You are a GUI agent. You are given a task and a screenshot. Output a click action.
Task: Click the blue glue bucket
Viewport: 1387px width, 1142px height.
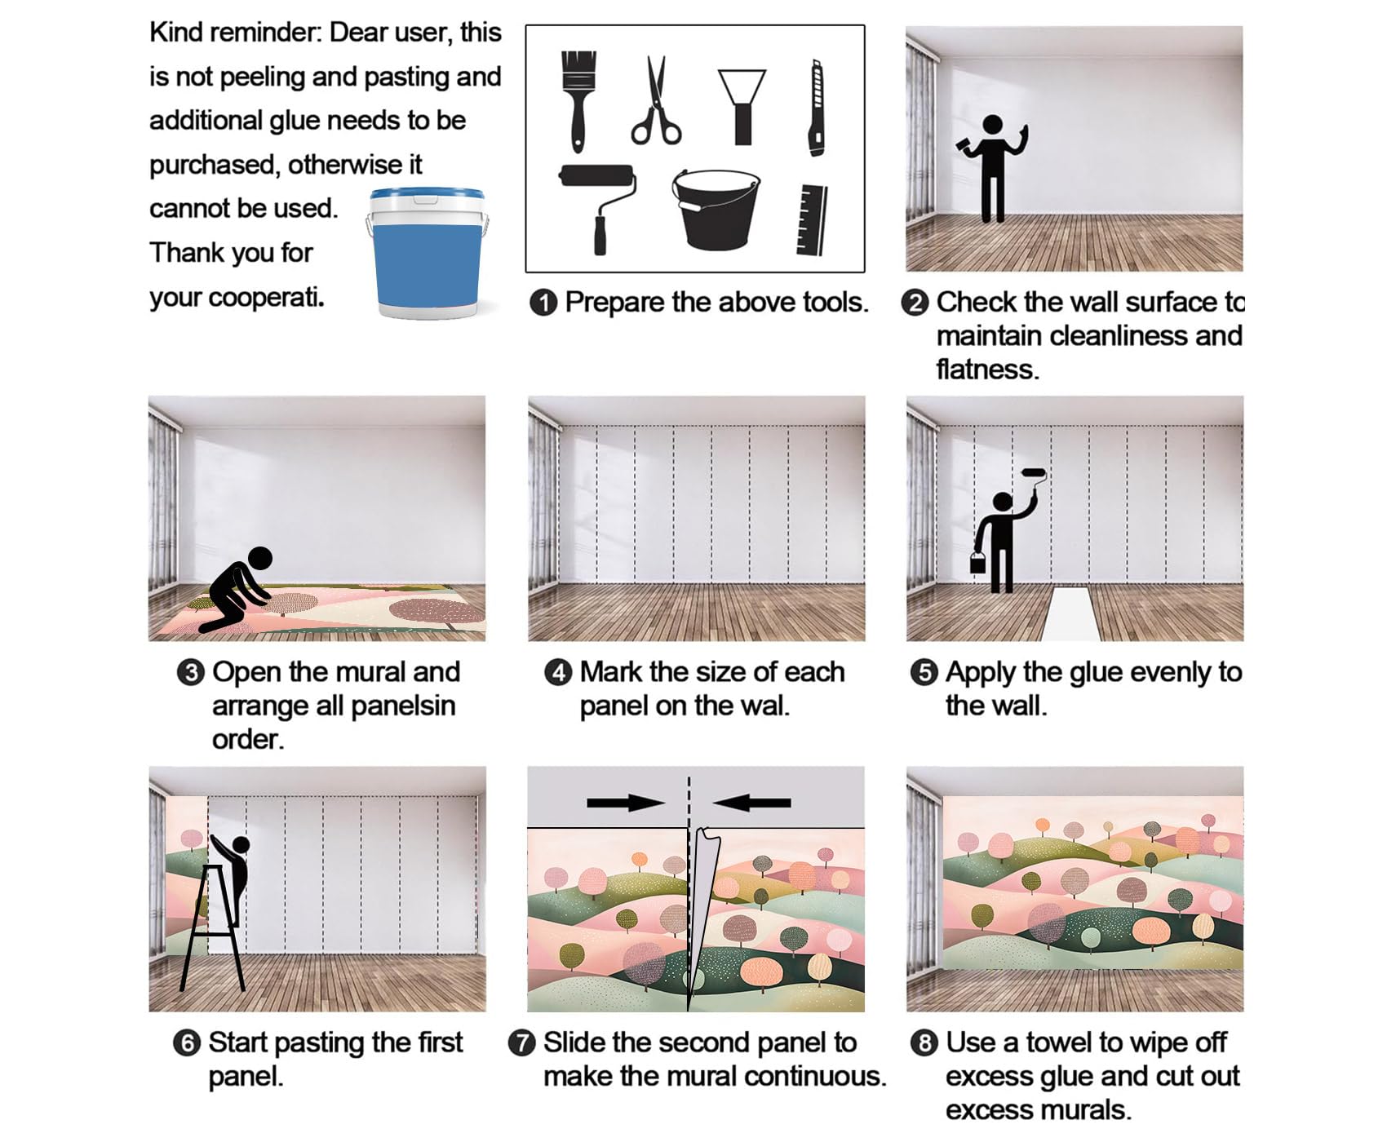pyautogui.click(x=427, y=253)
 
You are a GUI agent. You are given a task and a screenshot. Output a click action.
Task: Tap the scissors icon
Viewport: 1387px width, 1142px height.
pyautogui.click(x=655, y=101)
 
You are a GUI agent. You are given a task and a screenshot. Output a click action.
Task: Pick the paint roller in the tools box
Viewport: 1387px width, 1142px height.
pyautogui.click(x=598, y=209)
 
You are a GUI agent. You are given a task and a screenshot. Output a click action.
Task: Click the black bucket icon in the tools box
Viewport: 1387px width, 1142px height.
pyautogui.click(x=716, y=209)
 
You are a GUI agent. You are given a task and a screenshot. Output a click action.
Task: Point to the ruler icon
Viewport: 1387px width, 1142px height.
pyautogui.click(x=813, y=219)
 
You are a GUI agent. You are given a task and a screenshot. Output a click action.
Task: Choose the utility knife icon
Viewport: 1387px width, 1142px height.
pyautogui.click(x=816, y=107)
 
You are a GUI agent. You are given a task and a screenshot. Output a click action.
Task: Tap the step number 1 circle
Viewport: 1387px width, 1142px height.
pyautogui.click(x=543, y=303)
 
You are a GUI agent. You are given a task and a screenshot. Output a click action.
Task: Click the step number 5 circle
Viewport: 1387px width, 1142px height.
pyautogui.click(x=924, y=673)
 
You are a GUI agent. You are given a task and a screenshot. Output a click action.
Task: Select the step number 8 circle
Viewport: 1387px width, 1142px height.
pyautogui.click(x=924, y=1043)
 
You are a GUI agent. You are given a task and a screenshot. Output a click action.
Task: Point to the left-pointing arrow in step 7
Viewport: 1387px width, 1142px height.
pyautogui.click(x=751, y=803)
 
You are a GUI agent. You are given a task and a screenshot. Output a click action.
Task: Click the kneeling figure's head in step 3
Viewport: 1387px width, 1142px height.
pyautogui.click(x=260, y=559)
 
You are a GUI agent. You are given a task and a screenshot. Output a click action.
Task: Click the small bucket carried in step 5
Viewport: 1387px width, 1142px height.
pyautogui.click(x=977, y=563)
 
